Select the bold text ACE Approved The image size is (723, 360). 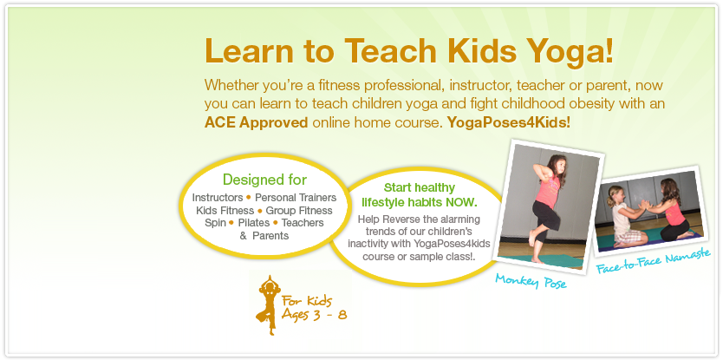click(x=256, y=123)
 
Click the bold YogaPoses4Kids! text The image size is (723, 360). click(x=509, y=123)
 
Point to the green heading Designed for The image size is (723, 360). click(x=264, y=179)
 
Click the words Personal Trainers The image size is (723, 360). click(x=296, y=198)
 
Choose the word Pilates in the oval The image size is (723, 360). click(x=254, y=223)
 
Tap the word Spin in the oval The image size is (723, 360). click(x=215, y=223)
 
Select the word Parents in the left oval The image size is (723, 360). click(x=270, y=235)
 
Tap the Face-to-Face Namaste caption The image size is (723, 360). click(x=653, y=262)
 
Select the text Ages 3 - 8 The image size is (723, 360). click(x=315, y=316)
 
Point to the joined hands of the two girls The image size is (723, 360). click(x=642, y=205)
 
